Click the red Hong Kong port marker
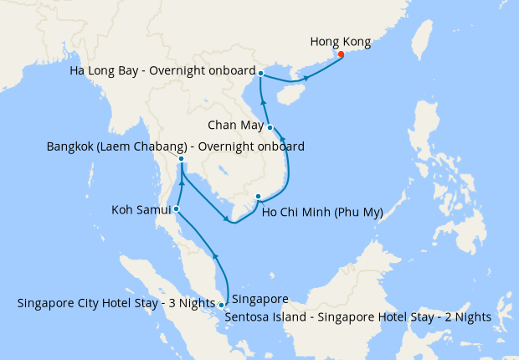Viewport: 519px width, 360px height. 341,55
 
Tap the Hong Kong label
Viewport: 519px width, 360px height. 340,41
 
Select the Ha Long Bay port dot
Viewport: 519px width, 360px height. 261,74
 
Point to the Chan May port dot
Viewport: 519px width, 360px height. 270,127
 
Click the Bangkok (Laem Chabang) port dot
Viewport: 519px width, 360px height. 182,158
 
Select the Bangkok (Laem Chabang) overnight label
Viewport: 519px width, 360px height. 175,147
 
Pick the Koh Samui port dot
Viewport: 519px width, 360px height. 176,209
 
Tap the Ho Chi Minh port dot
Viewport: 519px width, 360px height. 258,197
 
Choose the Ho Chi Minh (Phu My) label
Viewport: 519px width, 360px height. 322,212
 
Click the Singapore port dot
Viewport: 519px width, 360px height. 221,305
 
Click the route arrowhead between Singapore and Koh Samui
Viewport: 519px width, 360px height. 215,256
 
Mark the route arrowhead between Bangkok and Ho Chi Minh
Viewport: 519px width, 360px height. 228,221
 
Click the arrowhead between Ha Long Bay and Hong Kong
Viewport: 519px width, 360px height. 306,78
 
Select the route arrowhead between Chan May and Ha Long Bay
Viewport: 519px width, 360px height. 264,102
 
